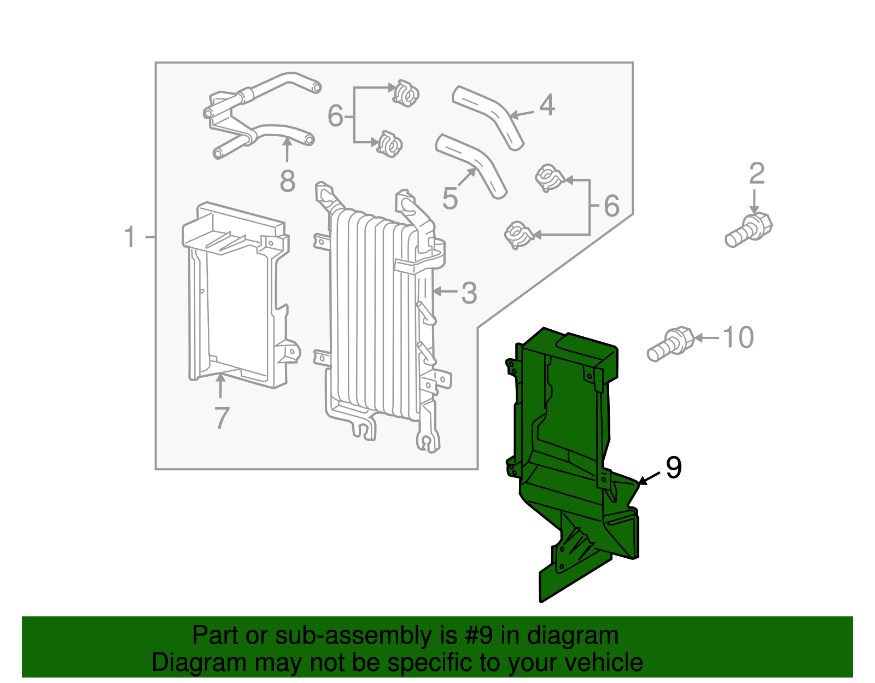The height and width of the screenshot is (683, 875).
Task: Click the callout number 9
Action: point(673,468)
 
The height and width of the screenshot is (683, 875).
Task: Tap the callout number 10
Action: point(738,337)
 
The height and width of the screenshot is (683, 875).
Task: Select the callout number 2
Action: point(756,174)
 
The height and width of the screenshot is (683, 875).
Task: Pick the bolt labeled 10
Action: point(670,345)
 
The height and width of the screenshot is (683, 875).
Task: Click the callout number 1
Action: point(129,237)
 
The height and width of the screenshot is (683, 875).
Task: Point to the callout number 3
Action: point(469,294)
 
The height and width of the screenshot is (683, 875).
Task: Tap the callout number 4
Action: point(547,105)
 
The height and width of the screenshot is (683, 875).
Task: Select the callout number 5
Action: point(450,198)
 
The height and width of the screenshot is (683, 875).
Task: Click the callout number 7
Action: point(221,418)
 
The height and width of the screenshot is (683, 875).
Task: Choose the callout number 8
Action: point(287,181)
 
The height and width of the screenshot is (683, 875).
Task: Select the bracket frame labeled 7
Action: point(235,295)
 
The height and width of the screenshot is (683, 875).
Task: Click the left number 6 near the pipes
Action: point(335,116)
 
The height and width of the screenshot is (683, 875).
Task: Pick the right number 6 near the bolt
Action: point(611,206)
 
